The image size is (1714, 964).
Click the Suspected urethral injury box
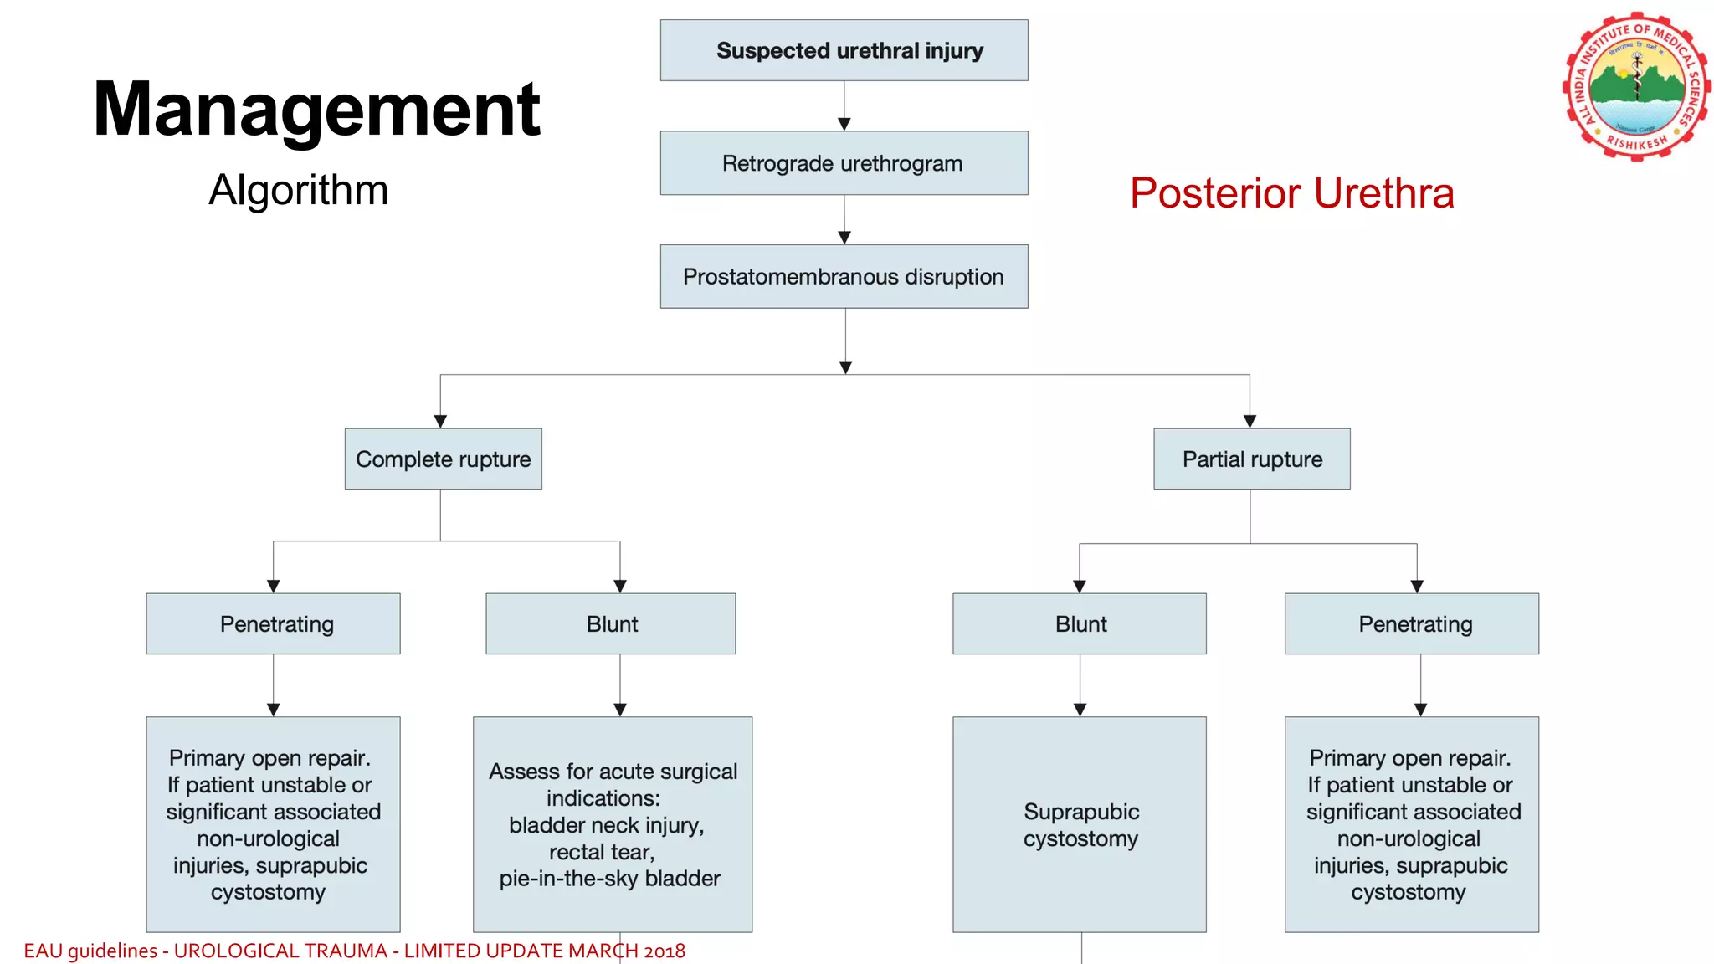844,50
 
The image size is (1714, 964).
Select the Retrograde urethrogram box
844,163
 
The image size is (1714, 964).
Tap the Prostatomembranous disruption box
844,277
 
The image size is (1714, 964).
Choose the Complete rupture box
443,459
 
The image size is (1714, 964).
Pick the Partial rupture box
1251,459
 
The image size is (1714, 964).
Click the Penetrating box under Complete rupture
273,624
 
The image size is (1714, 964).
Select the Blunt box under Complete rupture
611,624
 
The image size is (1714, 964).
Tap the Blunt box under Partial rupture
1080,624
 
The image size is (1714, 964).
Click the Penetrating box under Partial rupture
1412,624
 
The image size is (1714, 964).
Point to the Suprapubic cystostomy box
1080,825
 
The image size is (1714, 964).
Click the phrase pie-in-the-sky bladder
610,879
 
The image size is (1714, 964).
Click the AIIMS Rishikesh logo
1636,86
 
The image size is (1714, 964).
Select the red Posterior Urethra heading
1291,193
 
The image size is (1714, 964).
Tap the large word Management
316,109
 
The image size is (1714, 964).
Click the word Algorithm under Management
298,190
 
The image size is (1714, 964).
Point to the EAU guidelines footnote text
354,951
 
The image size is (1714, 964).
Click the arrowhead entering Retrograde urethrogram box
844,124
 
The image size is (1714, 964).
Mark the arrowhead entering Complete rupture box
440,421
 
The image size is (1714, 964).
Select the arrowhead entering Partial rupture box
1250,421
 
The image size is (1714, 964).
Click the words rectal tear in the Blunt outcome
602,852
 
